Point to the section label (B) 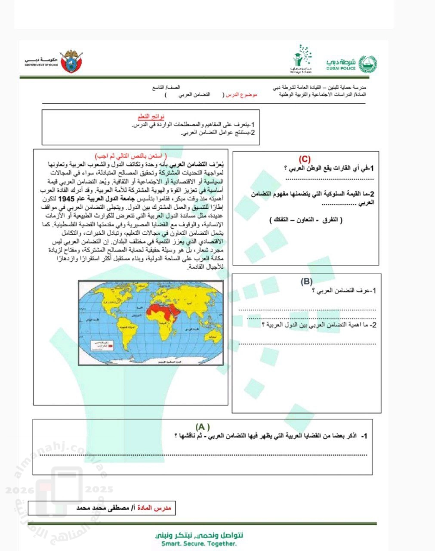pos(306,282)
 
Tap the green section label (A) pos(202,427)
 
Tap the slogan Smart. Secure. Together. pos(199,544)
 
